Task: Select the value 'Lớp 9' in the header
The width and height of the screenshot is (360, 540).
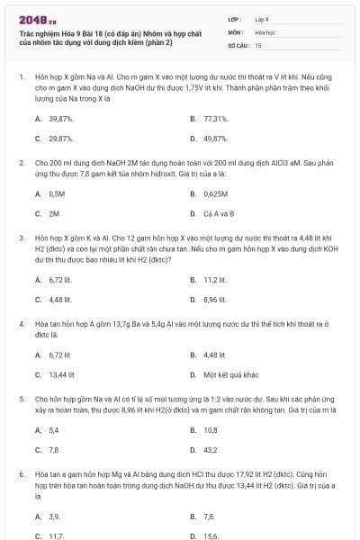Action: pyautogui.click(x=262, y=18)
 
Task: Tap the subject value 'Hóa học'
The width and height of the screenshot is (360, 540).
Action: pyautogui.click(x=264, y=31)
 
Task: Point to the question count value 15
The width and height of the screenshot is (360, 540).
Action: pyautogui.click(x=258, y=44)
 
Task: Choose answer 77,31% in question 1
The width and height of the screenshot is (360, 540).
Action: pyautogui.click(x=215, y=119)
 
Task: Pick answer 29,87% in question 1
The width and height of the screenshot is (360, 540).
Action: pyautogui.click(x=61, y=139)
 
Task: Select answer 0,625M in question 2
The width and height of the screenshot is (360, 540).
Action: pyautogui.click(x=217, y=193)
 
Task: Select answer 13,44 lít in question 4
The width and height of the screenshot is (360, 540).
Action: pyautogui.click(x=61, y=374)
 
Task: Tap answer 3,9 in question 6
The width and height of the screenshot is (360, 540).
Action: pyautogui.click(x=55, y=517)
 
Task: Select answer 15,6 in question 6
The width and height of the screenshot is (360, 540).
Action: pyautogui.click(x=211, y=535)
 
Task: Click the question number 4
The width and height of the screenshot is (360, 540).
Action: pyautogui.click(x=21, y=321)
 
